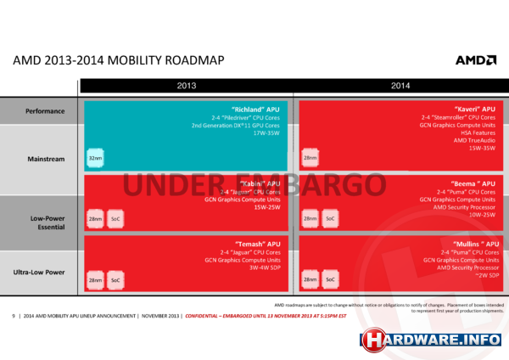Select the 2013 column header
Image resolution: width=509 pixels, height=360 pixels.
[186, 86]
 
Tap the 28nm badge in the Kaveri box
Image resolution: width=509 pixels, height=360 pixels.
[311, 158]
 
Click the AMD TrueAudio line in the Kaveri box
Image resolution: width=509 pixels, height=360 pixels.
[471, 140]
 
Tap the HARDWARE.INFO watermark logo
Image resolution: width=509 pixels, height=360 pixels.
[433, 339]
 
